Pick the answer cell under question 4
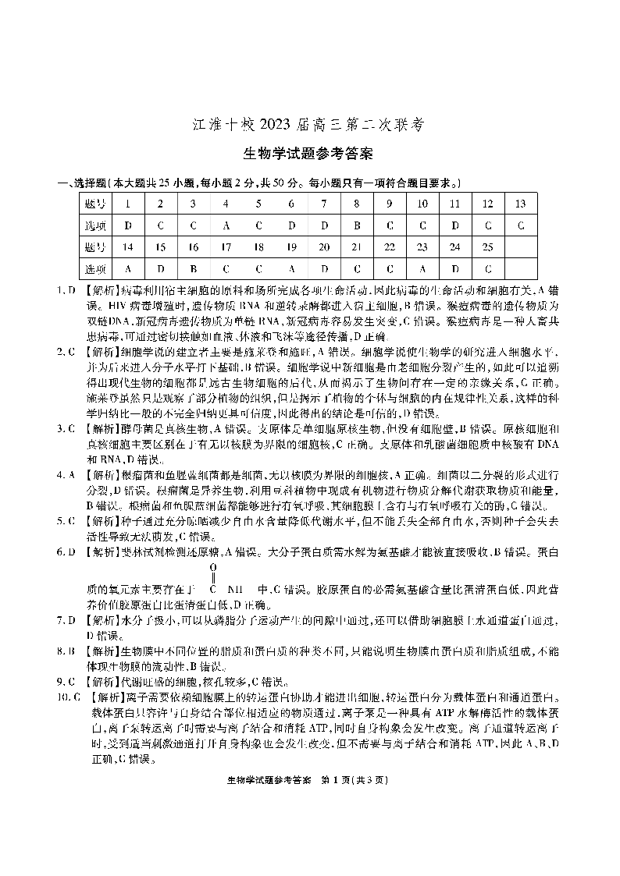click(x=226, y=225)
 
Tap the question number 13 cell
click(x=521, y=204)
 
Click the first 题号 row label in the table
click(x=94, y=204)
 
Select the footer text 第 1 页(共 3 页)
click(x=355, y=779)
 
